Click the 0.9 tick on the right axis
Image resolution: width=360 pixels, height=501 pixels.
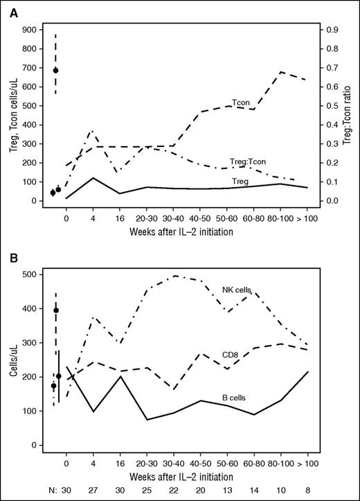point(331,30)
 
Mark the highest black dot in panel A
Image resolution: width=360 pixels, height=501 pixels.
point(55,70)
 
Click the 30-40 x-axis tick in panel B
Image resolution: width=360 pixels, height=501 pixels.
point(174,460)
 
